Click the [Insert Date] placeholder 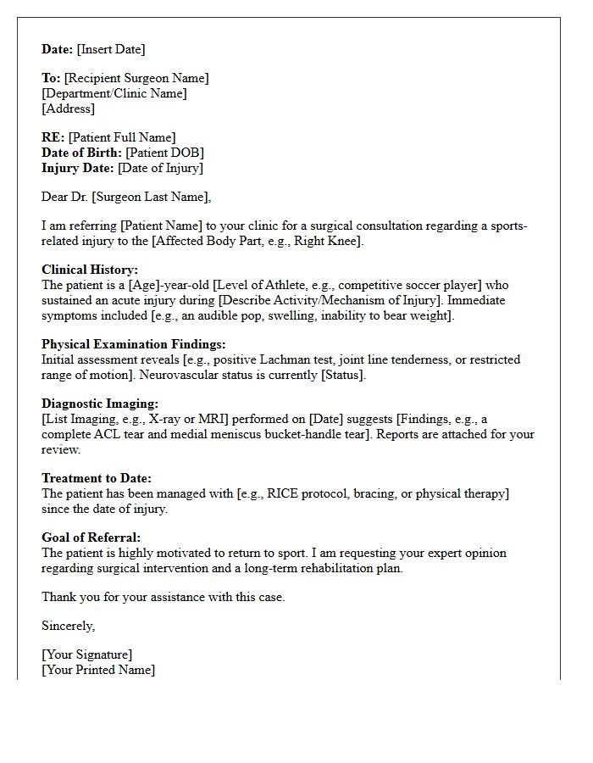(111, 49)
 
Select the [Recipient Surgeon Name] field (136, 78)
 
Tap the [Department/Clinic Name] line (114, 93)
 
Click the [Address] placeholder (68, 109)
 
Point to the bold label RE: (53, 137)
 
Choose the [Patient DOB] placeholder (164, 153)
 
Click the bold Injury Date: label (78, 168)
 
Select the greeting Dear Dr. (65, 197)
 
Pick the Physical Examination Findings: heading (133, 344)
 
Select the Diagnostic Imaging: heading (100, 404)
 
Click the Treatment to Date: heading (97, 478)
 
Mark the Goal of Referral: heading (91, 537)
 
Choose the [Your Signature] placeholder (87, 654)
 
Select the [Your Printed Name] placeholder (98, 670)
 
